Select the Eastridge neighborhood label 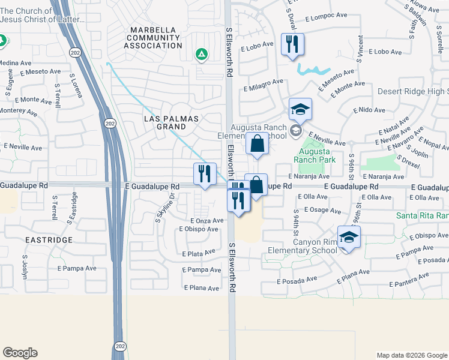49,239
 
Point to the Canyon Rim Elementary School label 315,247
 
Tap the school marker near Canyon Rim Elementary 349,237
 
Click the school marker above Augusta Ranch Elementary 300,109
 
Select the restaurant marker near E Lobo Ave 292,44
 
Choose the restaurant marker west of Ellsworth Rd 205,174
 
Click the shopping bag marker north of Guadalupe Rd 257,145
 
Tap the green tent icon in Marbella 202,55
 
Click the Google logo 20,353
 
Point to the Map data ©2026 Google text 412,355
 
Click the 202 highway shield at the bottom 119,346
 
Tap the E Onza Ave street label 207,221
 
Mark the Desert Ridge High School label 414,91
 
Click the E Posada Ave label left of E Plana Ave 297,280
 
